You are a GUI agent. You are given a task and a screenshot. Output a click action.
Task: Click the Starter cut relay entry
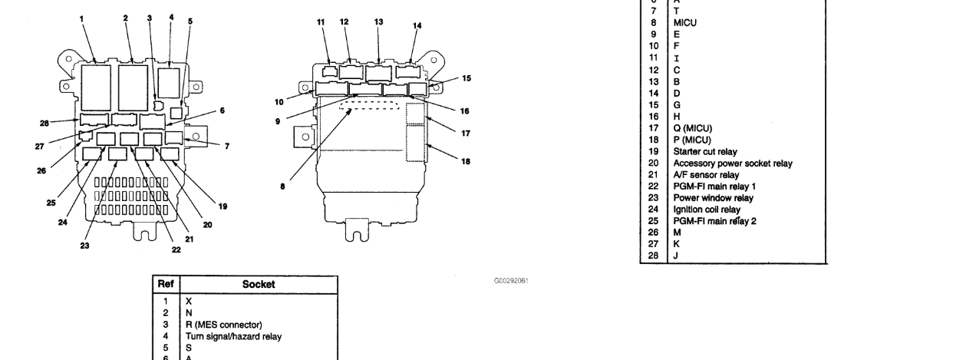tap(705, 152)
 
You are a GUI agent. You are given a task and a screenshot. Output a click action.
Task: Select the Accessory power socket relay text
tap(733, 163)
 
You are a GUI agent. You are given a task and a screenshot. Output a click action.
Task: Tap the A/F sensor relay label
tap(706, 175)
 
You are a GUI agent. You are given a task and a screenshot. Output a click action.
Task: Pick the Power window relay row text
tap(713, 198)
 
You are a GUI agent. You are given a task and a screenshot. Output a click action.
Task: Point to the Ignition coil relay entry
tap(706, 210)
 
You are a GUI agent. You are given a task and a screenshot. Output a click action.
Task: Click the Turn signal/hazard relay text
tap(233, 336)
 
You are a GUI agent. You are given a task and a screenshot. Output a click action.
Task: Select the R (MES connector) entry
tap(224, 325)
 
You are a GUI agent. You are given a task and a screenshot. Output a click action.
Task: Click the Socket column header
tap(259, 284)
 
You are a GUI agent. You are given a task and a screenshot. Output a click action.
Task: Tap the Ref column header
tap(166, 284)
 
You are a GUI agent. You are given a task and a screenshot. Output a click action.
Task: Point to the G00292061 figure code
tap(511, 281)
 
